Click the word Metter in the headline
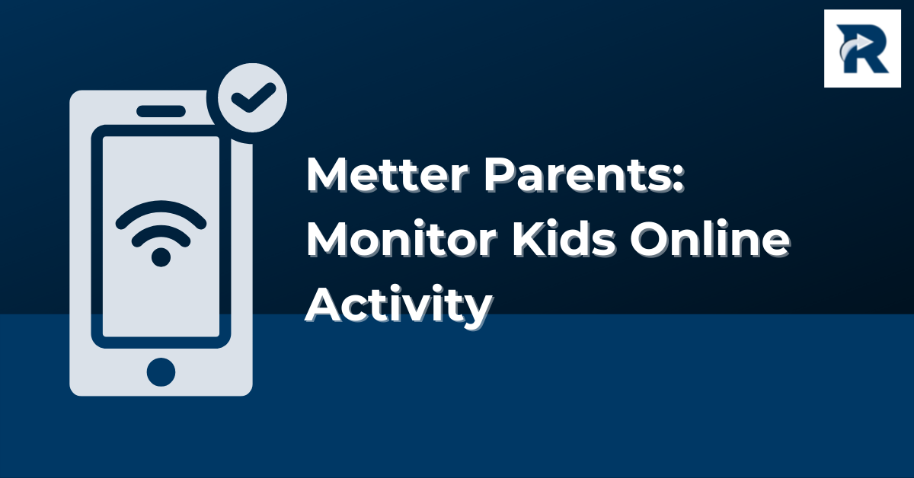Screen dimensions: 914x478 387,175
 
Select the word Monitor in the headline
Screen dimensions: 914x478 402,239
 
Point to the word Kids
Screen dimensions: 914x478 564,239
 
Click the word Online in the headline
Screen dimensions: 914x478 710,239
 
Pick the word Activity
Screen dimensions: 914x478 398,305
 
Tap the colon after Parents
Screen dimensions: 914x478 678,180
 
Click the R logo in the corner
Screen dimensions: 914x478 862,49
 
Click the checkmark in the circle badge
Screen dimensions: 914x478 253,98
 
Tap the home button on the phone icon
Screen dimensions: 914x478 161,372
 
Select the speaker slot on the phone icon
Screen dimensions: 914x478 161,111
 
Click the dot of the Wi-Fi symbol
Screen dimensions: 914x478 161,257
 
